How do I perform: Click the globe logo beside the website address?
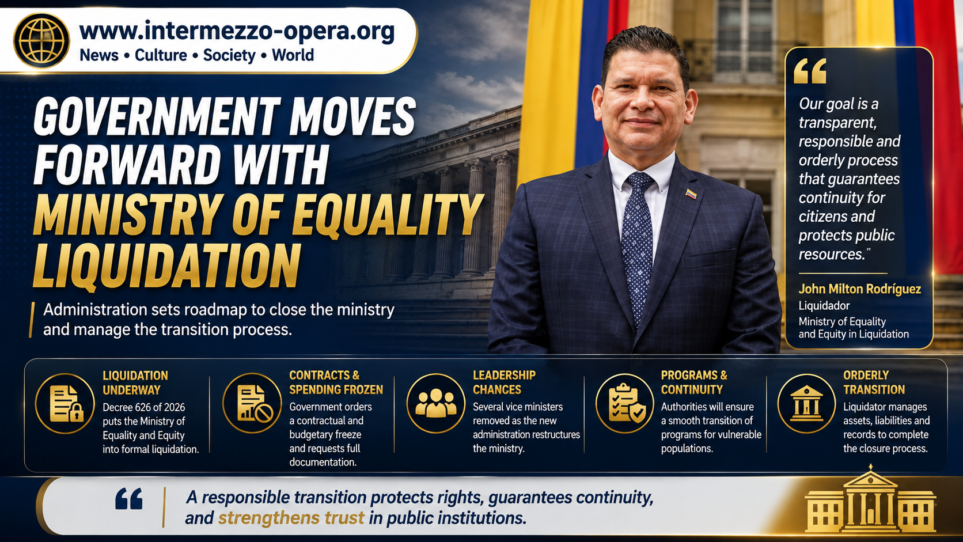point(41,40)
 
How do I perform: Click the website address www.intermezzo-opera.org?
point(237,31)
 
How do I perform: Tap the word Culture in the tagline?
point(161,55)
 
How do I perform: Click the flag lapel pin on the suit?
point(691,194)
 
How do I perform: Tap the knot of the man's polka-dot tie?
point(640,183)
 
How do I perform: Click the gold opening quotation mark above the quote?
point(810,71)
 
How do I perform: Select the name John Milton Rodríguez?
point(859,289)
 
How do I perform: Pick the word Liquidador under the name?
point(824,306)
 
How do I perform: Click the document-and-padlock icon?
point(65,404)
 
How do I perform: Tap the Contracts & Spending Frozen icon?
point(252,403)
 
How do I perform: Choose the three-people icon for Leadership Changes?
point(436,403)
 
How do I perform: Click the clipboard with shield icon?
point(625,403)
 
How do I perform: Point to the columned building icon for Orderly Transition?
point(806,403)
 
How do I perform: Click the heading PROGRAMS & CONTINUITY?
point(694,382)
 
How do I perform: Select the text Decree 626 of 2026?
point(143,407)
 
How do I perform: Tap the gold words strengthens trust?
point(291,518)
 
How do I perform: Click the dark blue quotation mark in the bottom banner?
point(129,499)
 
